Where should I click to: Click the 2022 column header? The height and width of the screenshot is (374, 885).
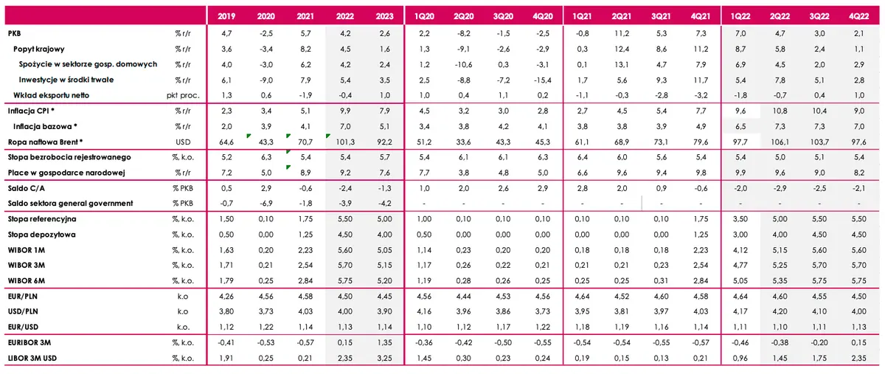(345, 16)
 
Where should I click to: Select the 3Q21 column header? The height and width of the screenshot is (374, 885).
(661, 16)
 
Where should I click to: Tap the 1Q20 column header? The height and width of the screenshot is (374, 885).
(424, 16)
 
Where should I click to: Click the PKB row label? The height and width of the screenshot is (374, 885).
(14, 34)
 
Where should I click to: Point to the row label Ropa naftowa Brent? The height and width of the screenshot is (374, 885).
(45, 142)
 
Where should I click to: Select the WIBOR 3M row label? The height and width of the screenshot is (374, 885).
(26, 266)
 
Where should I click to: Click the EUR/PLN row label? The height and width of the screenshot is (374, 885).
(23, 296)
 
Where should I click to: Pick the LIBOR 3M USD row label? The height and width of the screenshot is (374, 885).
(32, 359)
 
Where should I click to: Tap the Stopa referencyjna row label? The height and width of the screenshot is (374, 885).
(42, 219)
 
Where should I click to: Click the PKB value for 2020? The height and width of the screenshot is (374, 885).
(266, 34)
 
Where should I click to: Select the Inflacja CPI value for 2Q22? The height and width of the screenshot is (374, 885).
(780, 111)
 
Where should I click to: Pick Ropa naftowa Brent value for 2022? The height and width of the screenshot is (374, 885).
(345, 142)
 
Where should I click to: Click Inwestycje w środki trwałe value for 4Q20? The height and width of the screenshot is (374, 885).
(543, 80)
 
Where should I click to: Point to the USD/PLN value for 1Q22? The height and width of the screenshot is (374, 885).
(740, 311)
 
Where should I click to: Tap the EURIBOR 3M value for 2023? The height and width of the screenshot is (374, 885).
(384, 343)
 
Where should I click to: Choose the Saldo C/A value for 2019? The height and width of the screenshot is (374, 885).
(226, 188)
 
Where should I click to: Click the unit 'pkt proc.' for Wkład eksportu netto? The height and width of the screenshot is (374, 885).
(183, 96)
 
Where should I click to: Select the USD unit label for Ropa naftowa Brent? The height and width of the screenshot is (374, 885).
(183, 142)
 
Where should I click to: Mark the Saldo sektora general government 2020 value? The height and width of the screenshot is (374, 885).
(266, 204)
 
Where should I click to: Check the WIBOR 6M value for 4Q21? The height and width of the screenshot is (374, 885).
(701, 281)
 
